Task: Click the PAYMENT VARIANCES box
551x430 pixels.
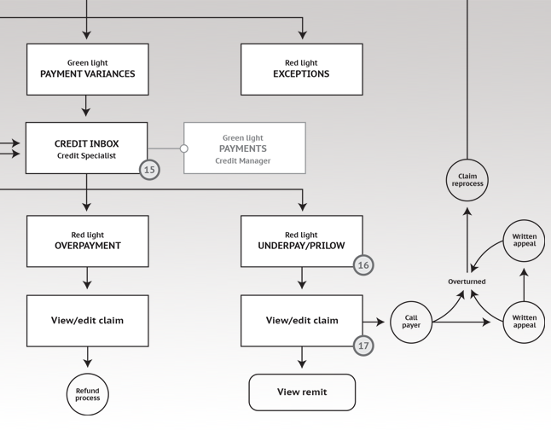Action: [x=88, y=69]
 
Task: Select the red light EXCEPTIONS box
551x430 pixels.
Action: [x=302, y=69]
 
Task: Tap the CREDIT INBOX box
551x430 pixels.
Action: [x=86, y=148]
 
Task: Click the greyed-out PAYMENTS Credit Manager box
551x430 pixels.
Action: [x=245, y=148]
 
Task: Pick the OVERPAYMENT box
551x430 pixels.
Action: [x=88, y=241]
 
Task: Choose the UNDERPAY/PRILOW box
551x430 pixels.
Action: [x=302, y=241]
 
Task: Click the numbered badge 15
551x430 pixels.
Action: [x=150, y=170]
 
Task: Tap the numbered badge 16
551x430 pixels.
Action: [x=363, y=265]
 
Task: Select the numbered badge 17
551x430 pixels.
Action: [x=363, y=346]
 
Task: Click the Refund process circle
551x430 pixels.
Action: [x=88, y=394]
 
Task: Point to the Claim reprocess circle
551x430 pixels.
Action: [x=467, y=180]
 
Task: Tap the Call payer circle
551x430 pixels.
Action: [x=411, y=322]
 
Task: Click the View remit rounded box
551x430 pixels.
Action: [x=302, y=392]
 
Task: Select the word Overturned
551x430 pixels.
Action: [x=467, y=282]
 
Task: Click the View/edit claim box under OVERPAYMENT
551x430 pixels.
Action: [x=88, y=321]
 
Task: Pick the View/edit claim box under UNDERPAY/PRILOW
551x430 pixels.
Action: [x=302, y=321]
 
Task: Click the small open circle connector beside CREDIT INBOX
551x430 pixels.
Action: [x=183, y=148]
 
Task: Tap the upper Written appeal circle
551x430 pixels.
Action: [x=524, y=241]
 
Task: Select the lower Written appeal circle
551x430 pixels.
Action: [x=524, y=322]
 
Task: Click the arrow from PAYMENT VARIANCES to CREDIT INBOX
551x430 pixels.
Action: [x=86, y=106]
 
